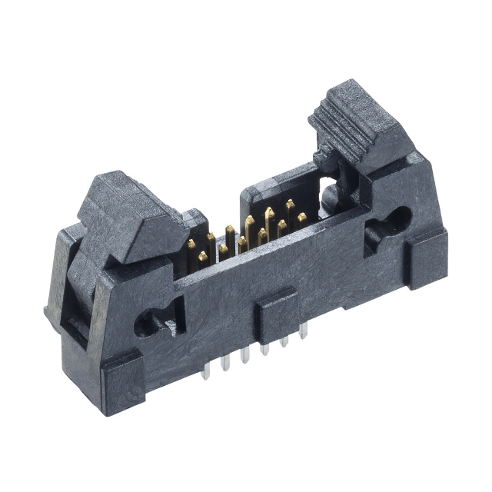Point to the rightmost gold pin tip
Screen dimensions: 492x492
pos(301,218)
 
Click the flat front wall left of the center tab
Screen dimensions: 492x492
pos(208,323)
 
